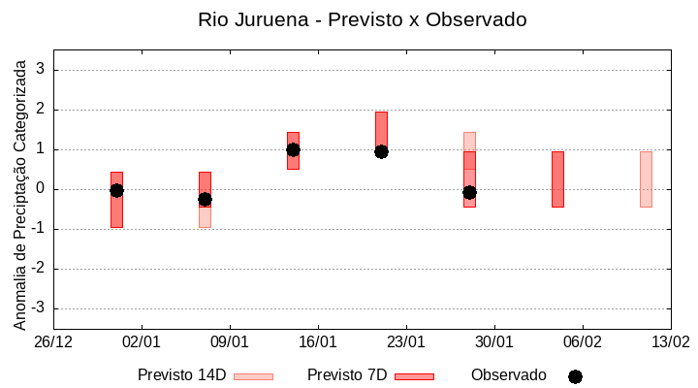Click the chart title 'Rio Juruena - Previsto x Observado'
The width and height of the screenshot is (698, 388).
pos(362,19)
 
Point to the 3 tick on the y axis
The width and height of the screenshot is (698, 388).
pos(41,70)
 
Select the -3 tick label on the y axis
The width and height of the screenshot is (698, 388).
pos(38,308)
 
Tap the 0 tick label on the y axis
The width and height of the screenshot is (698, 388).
pos(41,189)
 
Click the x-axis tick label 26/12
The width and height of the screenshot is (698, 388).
pos(53,342)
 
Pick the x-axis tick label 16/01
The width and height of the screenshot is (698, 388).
pos(318,342)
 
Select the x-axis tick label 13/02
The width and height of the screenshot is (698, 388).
pos(670,342)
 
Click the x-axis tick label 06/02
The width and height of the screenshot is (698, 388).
pos(582,342)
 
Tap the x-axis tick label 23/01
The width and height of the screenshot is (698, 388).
pos(406,342)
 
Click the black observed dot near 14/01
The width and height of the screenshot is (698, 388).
pos(293,149)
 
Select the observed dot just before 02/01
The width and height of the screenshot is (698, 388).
pos(116,190)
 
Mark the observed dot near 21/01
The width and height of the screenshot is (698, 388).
pos(381,151)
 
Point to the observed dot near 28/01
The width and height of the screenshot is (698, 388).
pos(469,192)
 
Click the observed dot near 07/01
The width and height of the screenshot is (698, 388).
pos(205,199)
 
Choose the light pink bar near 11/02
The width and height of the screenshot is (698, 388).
pos(646,179)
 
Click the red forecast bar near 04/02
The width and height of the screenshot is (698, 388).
pos(557,179)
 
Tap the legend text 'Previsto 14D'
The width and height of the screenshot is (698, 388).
pos(181,375)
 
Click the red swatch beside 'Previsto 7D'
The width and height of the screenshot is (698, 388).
pos(414,376)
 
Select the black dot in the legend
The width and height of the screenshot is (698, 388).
pos(575,376)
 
